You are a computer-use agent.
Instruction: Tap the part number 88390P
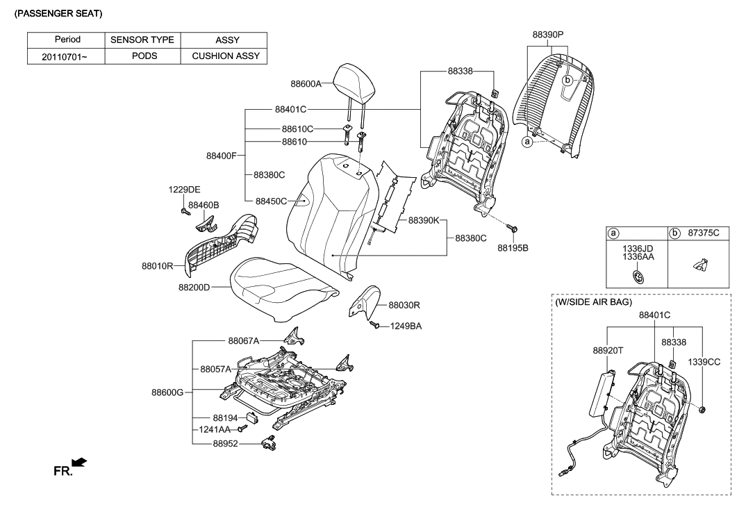[x=548, y=34]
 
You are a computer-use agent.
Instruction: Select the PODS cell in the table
[x=144, y=56]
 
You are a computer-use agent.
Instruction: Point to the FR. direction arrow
[x=80, y=462]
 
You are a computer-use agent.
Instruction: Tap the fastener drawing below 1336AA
[x=636, y=276]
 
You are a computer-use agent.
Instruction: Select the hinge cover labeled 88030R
[x=364, y=300]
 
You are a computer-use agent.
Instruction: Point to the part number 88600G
[x=167, y=392]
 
